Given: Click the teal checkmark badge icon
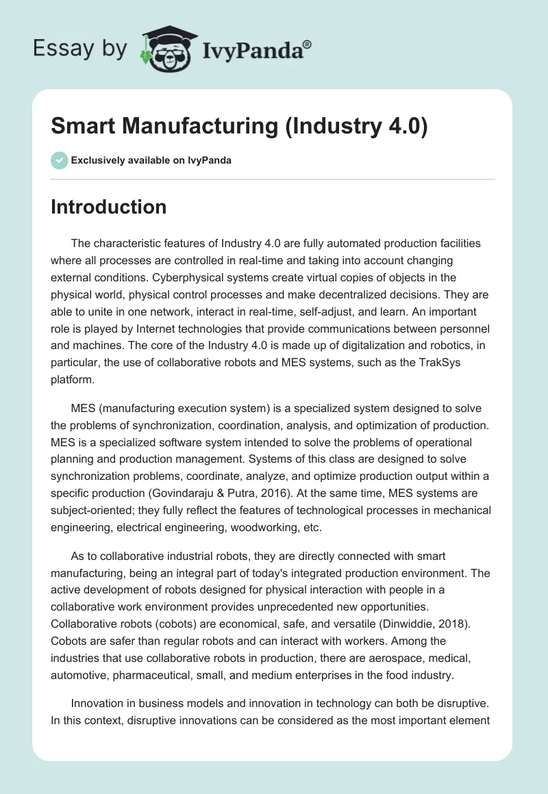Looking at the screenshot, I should pyautogui.click(x=59, y=160).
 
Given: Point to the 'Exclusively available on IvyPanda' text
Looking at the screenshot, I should pyautogui.click(x=151, y=160).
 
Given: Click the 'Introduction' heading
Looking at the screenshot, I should pyautogui.click(x=108, y=207).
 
